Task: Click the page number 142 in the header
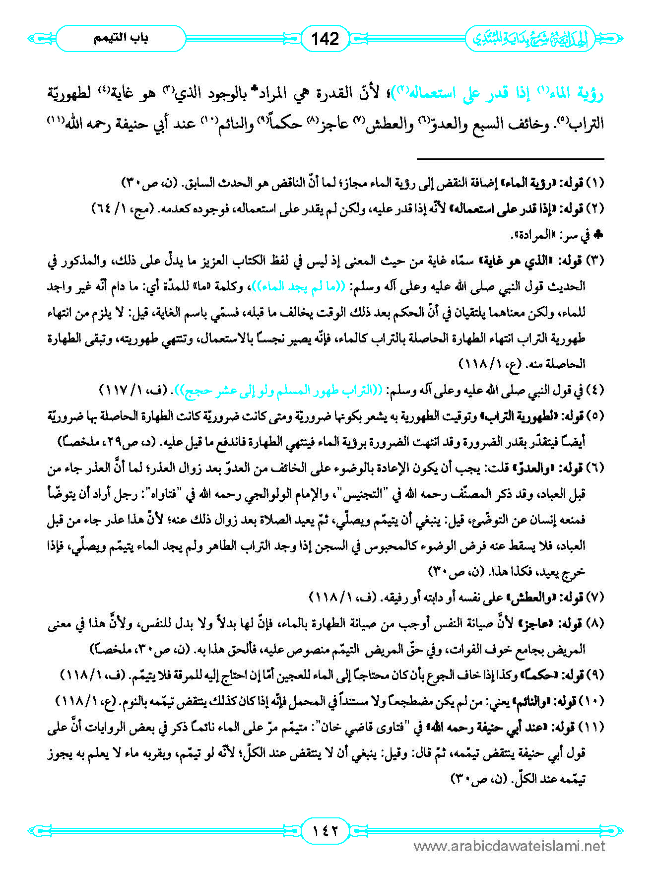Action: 325,39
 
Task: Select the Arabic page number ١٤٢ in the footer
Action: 325,829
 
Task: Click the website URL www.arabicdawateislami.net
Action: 509,847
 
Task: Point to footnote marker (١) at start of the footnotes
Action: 595,183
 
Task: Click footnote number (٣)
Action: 595,261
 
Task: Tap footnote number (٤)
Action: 595,390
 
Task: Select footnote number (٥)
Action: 595,416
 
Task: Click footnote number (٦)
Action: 595,468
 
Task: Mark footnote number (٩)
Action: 595,675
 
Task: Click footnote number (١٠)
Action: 593,701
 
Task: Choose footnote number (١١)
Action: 593,727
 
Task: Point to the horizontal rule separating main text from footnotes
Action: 510,159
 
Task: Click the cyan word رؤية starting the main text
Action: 588,93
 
